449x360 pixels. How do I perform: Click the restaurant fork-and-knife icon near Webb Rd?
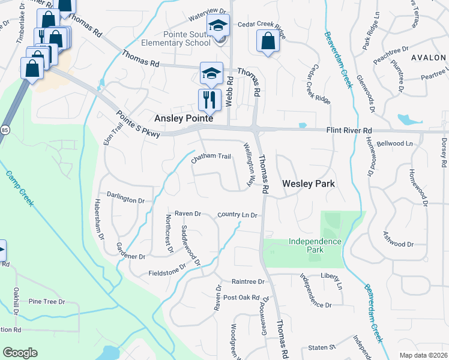point(209,100)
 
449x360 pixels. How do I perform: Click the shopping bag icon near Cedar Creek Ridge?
point(268,41)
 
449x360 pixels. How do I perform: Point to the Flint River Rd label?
point(349,130)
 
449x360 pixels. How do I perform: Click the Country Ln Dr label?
point(237,214)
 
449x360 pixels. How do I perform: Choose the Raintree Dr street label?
point(248,281)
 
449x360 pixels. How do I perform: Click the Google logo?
point(20,353)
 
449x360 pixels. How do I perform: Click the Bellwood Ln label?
point(395,144)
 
